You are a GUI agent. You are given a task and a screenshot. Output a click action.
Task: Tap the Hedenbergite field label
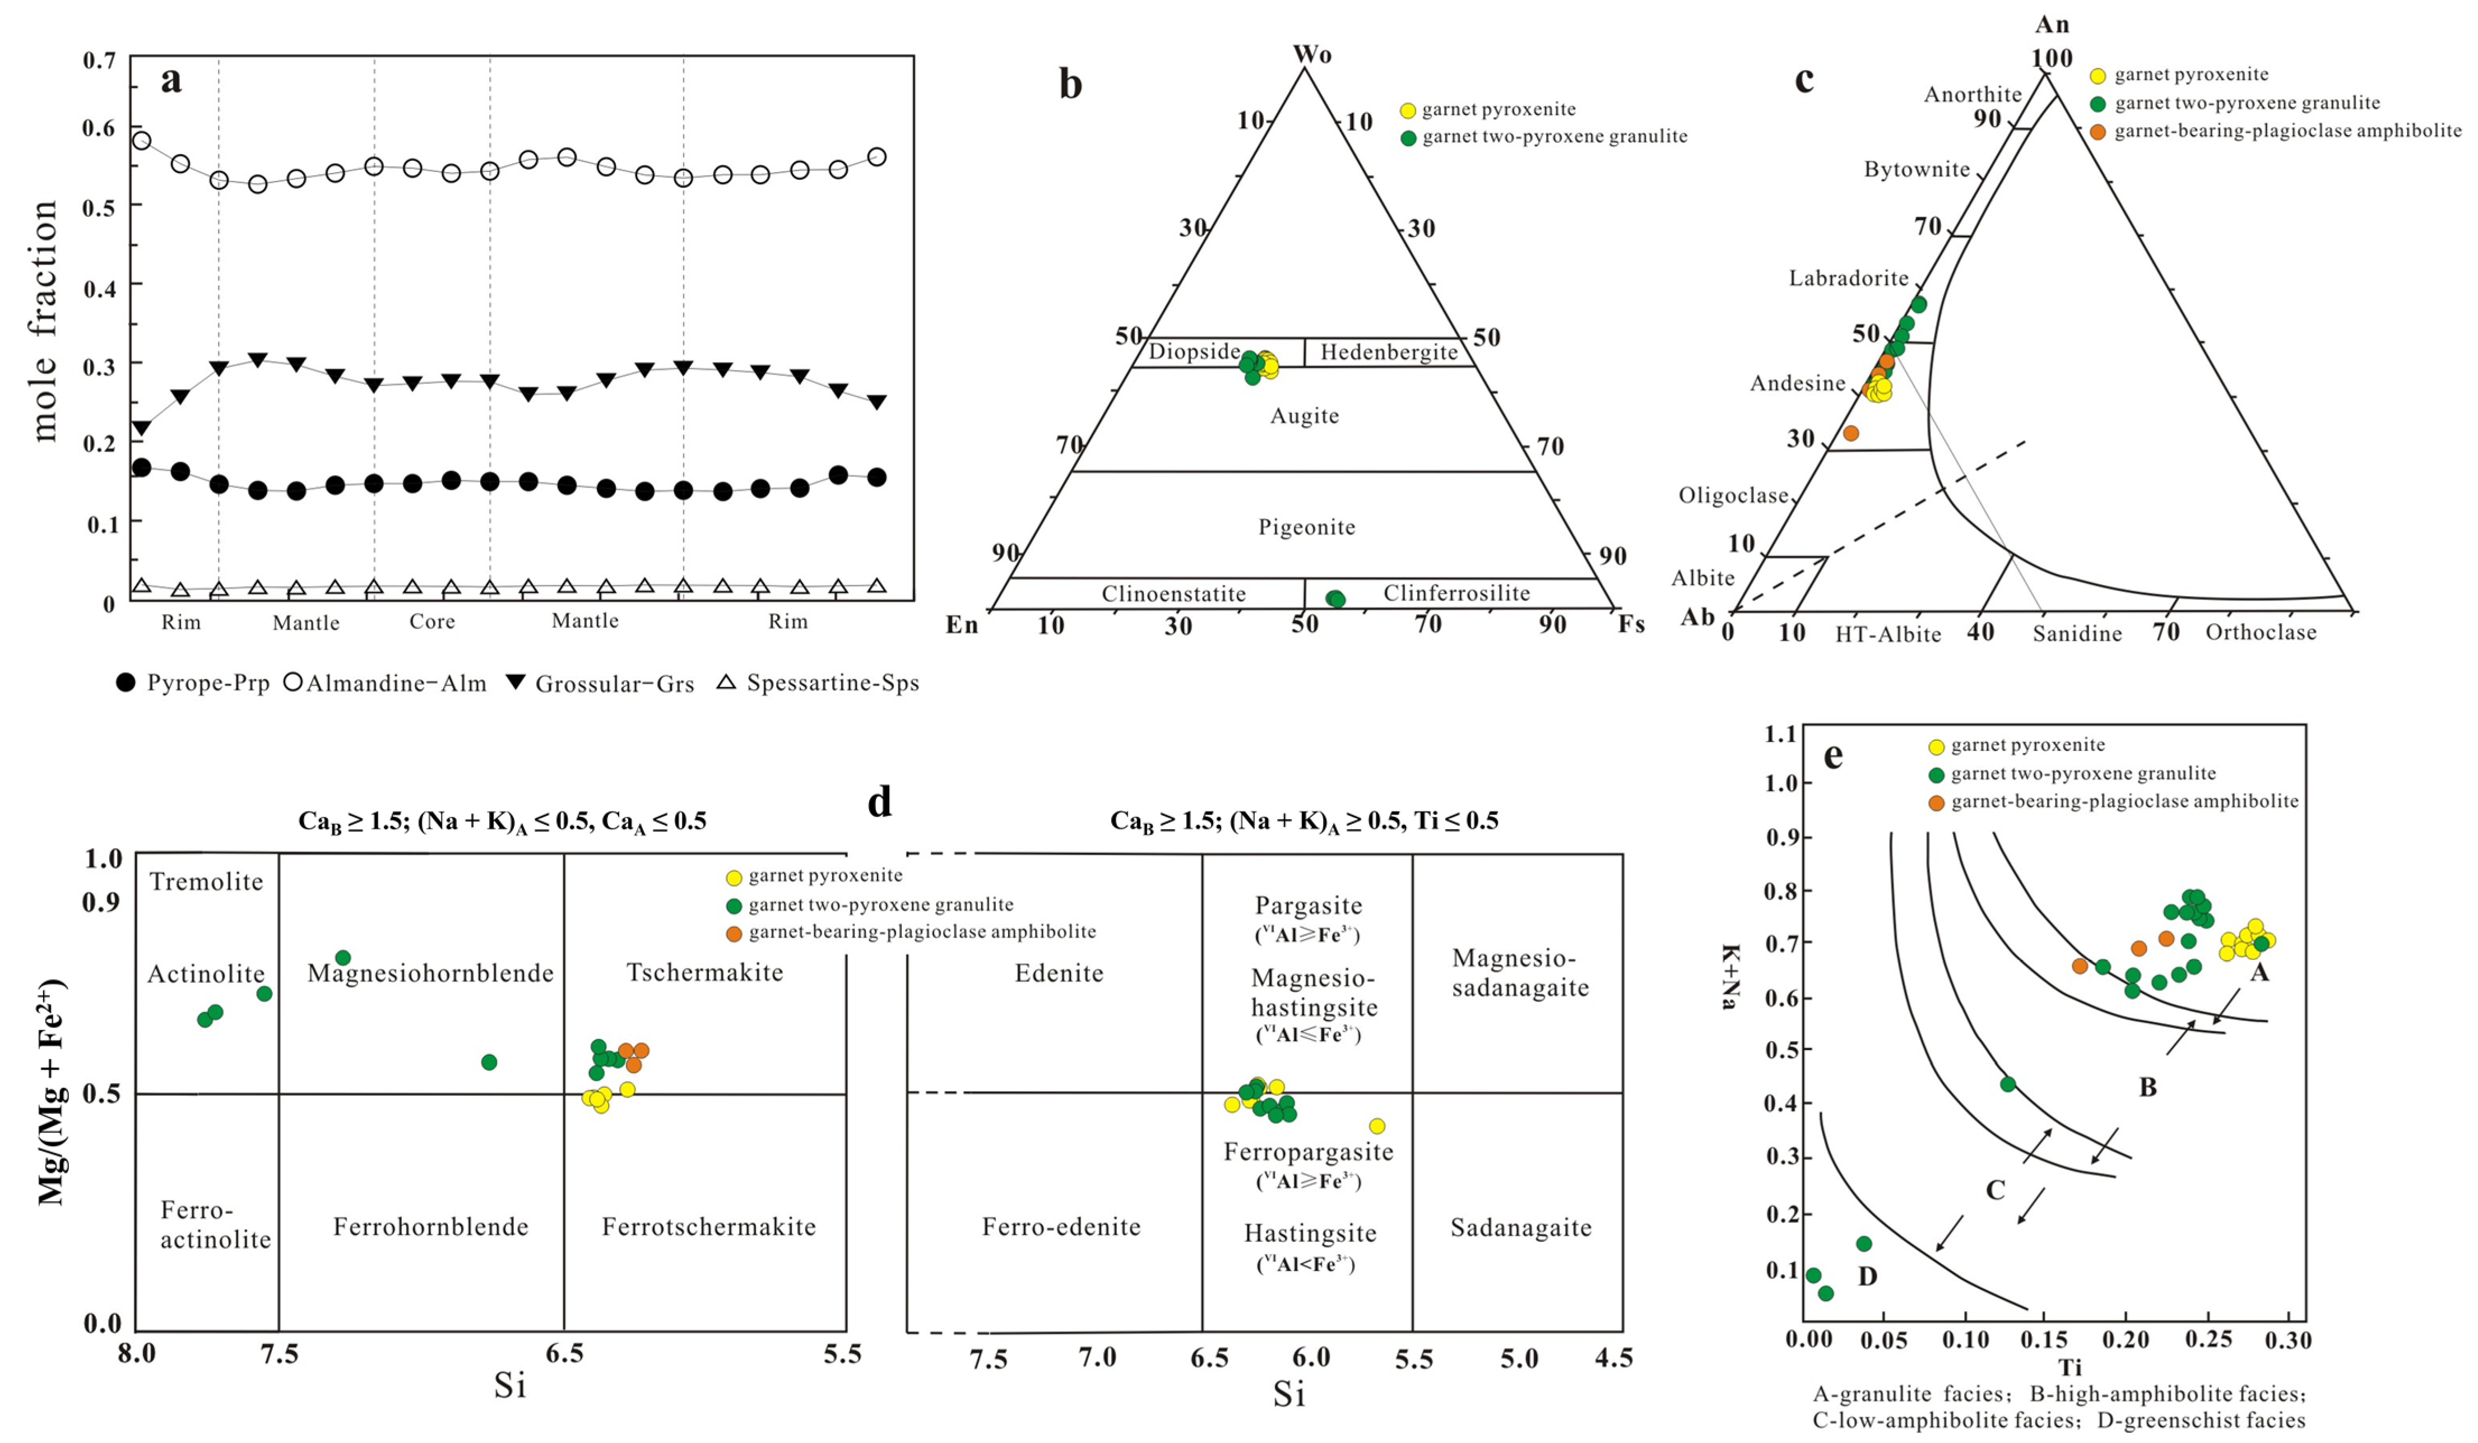(x=1389, y=352)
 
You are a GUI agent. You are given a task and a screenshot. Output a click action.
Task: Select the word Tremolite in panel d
(x=206, y=881)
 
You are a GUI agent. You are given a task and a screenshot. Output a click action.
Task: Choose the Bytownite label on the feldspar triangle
(x=1916, y=169)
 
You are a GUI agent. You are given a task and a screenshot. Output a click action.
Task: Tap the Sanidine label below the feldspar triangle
(x=2077, y=633)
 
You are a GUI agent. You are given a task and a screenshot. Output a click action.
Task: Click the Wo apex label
(x=1312, y=54)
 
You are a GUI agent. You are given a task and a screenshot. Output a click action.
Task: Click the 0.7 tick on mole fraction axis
(x=99, y=61)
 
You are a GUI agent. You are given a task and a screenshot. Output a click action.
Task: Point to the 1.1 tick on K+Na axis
(x=1781, y=734)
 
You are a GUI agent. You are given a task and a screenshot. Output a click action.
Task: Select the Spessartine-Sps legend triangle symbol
(x=726, y=681)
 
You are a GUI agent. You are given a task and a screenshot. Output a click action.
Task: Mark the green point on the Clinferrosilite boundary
(x=1334, y=598)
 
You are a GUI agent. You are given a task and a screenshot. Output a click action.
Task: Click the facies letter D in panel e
(x=1867, y=1277)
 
